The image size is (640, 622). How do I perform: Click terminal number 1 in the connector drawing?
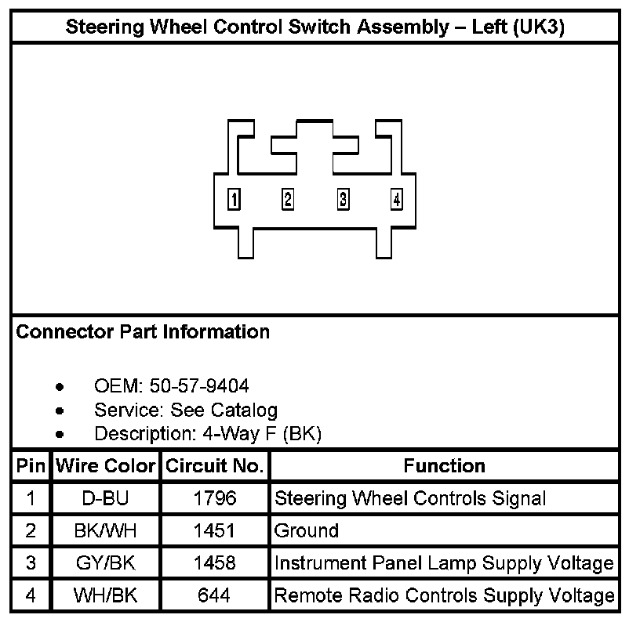[233, 199]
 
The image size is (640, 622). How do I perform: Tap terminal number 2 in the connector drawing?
[288, 199]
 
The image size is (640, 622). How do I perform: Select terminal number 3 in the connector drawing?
[343, 199]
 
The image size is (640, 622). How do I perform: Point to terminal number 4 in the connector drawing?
[397, 200]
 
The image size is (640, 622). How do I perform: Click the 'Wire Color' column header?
[105, 466]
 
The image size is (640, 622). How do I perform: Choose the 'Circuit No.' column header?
[214, 466]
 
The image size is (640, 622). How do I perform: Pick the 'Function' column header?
[444, 466]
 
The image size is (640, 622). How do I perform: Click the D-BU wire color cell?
[105, 498]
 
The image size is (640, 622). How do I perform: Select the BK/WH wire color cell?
[105, 531]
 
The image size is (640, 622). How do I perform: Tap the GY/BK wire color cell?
[105, 563]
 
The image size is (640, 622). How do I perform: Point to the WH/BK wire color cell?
[105, 595]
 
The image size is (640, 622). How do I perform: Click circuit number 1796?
[214, 498]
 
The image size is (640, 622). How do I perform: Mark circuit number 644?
[214, 595]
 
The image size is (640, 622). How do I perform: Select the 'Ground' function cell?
[307, 531]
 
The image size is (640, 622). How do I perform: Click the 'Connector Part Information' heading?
[143, 331]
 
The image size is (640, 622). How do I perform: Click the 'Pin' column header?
[31, 466]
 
